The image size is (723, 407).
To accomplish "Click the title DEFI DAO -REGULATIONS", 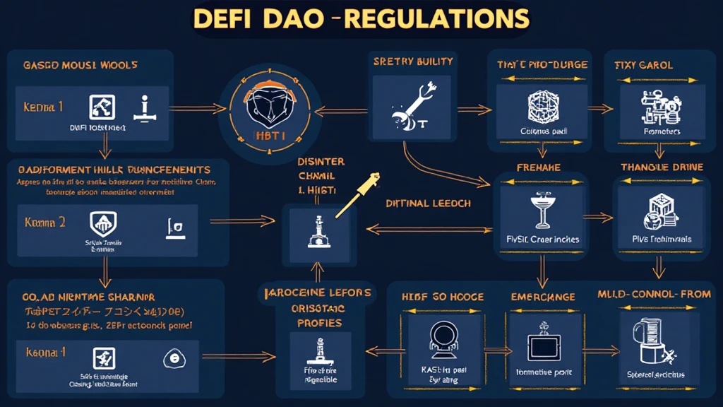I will [361, 19].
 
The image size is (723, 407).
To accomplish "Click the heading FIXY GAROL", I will [644, 65].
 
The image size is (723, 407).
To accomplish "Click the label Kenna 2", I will [44, 222].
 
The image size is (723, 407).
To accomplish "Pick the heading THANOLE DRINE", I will [662, 167].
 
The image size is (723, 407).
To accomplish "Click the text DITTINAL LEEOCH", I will [429, 203].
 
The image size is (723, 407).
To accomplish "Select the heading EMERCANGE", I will [542, 297].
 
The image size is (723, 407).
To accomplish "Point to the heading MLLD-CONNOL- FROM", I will [654, 293].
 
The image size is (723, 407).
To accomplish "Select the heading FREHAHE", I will [539, 168].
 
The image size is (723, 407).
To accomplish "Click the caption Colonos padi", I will [539, 131].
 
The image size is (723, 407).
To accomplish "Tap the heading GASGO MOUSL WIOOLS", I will [80, 65].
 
